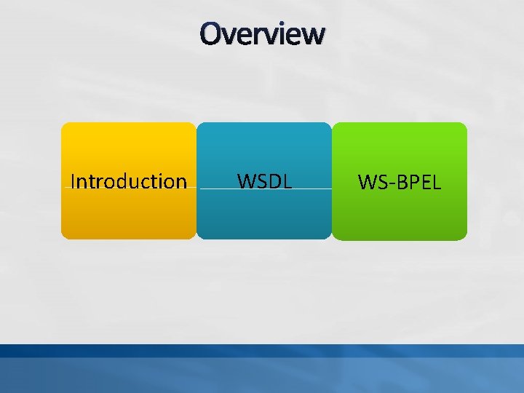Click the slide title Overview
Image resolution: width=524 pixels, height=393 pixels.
coord(263,33)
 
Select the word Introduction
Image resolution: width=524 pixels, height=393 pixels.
coord(129,181)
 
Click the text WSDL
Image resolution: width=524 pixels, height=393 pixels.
coord(264,181)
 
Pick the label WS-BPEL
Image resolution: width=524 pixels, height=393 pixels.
coord(400,183)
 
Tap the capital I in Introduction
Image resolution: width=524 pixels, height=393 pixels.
coord(73,181)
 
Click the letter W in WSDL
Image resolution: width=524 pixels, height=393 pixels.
coord(247,181)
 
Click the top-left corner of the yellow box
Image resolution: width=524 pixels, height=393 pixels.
coord(64,125)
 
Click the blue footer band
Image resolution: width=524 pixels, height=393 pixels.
coord(262,370)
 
